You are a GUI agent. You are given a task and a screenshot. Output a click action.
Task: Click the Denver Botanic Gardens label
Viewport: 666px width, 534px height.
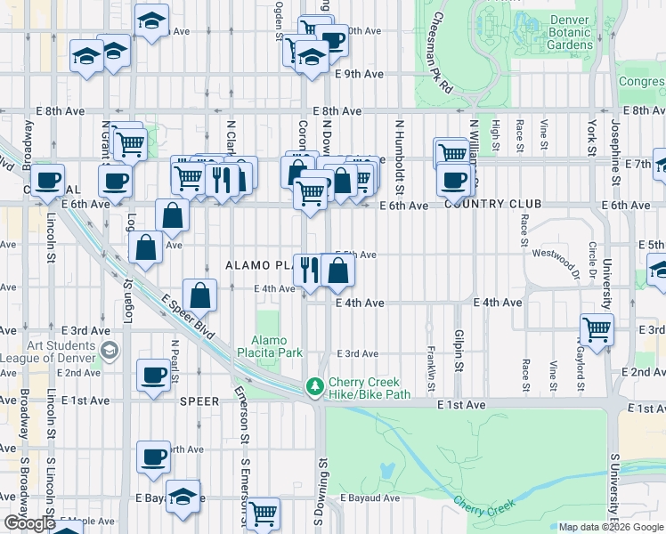[570, 32]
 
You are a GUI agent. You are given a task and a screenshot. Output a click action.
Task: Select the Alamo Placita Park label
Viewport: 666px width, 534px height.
[278, 346]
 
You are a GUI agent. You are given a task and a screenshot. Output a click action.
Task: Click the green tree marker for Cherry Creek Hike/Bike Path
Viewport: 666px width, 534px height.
[313, 386]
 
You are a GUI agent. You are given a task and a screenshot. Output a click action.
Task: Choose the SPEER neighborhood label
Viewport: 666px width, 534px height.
[199, 401]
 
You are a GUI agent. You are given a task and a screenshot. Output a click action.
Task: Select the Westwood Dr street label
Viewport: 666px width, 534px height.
[556, 253]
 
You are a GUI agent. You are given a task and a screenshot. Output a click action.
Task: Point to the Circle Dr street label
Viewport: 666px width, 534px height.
[591, 256]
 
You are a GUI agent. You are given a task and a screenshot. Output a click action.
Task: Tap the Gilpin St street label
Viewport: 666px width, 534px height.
[459, 353]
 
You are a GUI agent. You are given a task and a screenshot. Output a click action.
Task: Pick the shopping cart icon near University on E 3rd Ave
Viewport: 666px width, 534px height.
[597, 328]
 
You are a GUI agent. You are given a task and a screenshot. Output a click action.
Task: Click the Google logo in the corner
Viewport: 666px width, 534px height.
[29, 522]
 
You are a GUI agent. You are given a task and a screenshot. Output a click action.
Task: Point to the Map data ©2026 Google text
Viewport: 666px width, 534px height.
[610, 527]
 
